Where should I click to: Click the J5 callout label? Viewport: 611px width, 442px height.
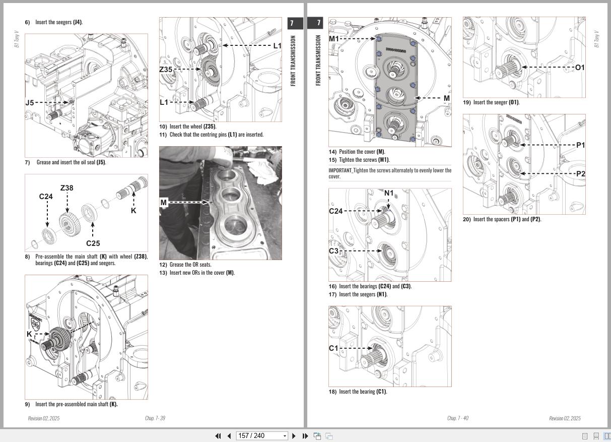(30, 102)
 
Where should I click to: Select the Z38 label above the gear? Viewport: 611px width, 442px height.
(66, 188)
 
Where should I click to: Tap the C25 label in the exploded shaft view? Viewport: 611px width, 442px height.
(93, 243)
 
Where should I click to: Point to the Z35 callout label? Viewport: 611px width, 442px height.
(166, 70)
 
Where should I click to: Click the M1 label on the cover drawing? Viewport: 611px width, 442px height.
(334, 39)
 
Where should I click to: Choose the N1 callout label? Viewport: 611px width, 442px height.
(389, 193)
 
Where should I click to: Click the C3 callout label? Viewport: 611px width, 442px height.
(333, 251)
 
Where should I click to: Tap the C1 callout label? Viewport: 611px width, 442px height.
(333, 348)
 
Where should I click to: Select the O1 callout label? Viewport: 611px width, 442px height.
(580, 68)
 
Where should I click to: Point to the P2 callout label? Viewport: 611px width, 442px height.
(580, 174)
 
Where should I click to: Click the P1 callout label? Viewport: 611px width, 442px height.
(580, 145)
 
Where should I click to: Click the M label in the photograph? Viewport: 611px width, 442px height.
(163, 203)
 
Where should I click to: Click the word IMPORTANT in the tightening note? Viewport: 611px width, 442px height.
(340, 170)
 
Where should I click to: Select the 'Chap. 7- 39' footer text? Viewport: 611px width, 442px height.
(155, 418)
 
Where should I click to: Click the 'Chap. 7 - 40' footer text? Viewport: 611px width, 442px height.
(457, 418)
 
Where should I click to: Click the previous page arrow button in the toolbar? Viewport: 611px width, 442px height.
(229, 436)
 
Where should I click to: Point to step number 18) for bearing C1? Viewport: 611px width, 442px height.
(332, 392)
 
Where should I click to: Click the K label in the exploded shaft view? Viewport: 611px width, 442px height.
(133, 211)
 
